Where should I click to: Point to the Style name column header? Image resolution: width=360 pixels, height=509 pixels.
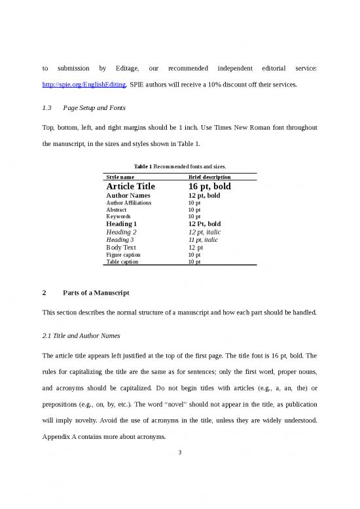click(x=122, y=177)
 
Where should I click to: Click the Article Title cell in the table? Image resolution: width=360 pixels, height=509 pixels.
click(x=130, y=187)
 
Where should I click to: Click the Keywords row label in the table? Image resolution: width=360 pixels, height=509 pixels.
click(x=118, y=216)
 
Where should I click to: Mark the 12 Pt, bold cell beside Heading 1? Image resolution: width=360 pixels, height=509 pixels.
click(x=204, y=224)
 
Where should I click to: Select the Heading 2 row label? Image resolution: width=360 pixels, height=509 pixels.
click(x=121, y=232)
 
